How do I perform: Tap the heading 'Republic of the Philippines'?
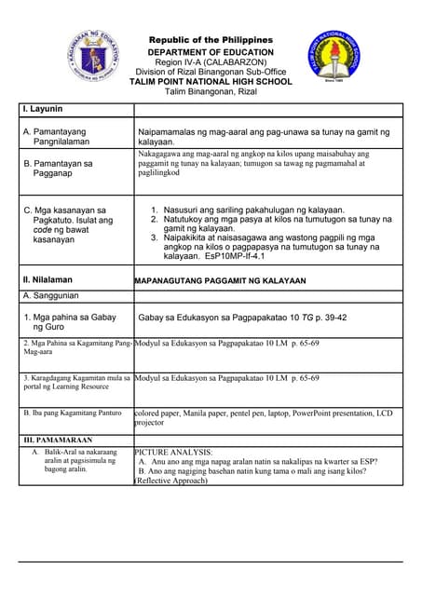(211, 40)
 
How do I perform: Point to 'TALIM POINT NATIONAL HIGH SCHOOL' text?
(211, 81)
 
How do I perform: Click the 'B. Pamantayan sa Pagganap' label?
(61, 169)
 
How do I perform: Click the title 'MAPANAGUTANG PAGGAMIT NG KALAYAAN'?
(221, 280)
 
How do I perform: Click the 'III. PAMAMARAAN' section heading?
(58, 439)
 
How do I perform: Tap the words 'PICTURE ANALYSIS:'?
(174, 452)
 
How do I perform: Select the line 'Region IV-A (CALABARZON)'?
(211, 61)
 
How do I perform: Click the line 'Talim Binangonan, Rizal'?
(211, 91)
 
